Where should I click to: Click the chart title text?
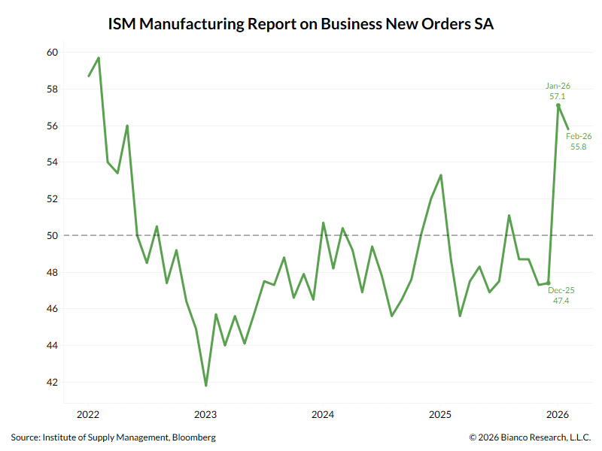301,23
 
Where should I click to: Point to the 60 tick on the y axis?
52,53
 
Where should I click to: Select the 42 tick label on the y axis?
52,383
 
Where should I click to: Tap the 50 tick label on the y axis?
52,236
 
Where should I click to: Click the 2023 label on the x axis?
205,414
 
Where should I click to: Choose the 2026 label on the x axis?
557,414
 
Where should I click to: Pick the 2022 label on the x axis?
89,414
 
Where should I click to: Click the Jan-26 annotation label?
558,86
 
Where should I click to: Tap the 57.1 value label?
558,97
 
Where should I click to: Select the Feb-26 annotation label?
579,136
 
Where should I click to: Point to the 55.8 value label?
579,147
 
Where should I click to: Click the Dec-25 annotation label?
561,290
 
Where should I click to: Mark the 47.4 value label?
561,301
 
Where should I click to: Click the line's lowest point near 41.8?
205,386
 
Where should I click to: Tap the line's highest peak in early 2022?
99,58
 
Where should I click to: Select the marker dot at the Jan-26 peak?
558,106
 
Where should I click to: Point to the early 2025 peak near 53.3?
440,175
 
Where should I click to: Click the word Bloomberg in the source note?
194,437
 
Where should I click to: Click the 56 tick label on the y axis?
52,126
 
